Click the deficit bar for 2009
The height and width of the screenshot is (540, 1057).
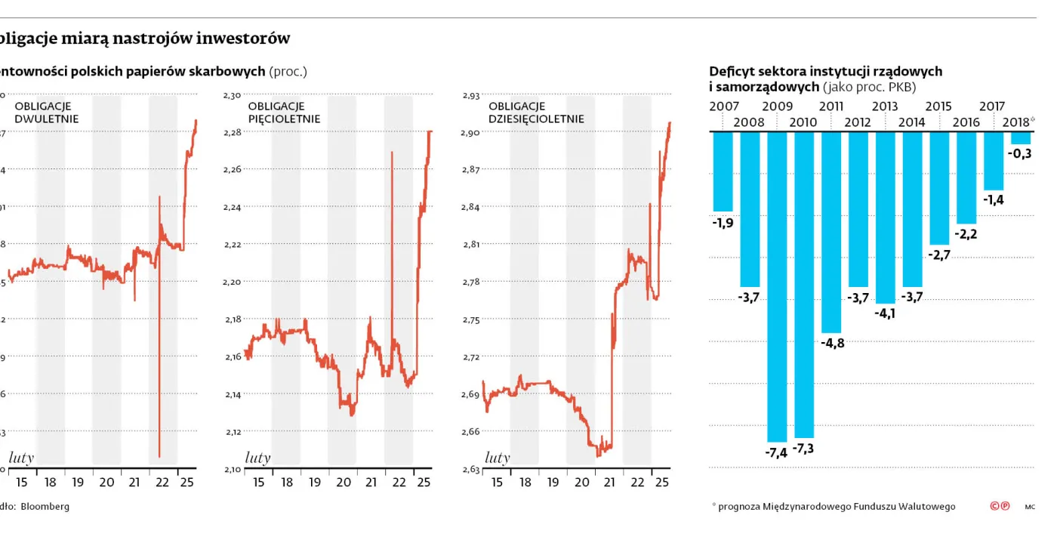click(777, 286)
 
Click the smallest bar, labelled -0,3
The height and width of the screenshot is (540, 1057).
click(1021, 138)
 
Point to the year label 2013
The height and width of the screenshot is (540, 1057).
click(885, 106)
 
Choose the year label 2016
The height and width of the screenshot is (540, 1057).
click(966, 122)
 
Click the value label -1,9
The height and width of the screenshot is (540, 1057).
click(723, 222)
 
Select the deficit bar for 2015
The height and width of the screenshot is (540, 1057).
click(939, 188)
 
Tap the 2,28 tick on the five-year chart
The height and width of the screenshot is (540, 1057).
click(233, 132)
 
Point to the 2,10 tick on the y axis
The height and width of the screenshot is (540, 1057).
click(233, 469)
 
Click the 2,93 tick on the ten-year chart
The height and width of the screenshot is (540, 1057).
click(470, 95)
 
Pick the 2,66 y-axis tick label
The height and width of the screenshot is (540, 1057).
click(470, 431)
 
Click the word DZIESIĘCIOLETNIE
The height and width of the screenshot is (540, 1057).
click(536, 119)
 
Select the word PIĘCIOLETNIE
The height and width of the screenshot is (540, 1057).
click(284, 119)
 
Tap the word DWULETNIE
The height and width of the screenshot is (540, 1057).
click(47, 119)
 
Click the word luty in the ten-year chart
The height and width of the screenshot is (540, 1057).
click(498, 458)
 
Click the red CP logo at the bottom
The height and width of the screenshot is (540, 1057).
click(1000, 506)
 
